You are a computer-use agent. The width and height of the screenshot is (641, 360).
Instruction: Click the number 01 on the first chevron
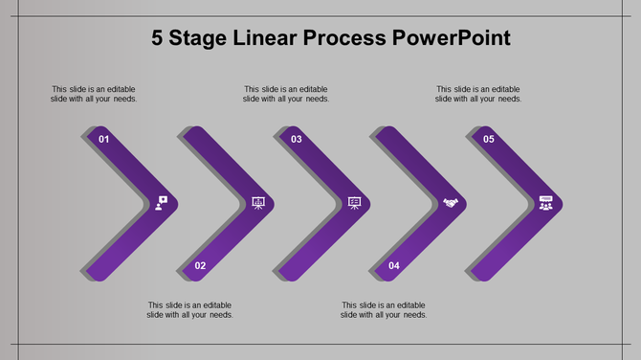point(103,140)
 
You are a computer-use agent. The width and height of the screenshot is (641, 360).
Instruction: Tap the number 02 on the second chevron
point(200,265)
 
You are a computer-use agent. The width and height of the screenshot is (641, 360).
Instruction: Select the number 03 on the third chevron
point(297,140)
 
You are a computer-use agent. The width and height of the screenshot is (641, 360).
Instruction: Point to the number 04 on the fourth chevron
point(393,265)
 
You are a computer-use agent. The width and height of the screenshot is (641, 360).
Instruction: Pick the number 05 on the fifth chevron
point(489,140)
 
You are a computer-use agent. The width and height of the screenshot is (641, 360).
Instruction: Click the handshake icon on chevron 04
point(450,203)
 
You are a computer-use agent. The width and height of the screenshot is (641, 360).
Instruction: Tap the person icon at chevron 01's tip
point(161,203)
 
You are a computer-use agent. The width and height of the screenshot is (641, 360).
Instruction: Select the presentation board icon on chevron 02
point(257,203)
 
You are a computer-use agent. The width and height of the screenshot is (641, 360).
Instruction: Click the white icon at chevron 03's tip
point(354,203)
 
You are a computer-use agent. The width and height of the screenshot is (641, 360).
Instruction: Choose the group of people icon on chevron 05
point(545,203)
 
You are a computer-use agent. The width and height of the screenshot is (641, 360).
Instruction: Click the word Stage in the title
point(209,39)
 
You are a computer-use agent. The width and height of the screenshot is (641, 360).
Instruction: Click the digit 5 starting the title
point(158,39)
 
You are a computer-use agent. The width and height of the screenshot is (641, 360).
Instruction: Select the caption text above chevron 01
point(94,94)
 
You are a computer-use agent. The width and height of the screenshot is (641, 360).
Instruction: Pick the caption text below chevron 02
point(190,310)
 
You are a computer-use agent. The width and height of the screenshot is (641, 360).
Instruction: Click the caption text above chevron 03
point(286,94)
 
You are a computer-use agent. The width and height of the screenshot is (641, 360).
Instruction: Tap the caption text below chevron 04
point(384,310)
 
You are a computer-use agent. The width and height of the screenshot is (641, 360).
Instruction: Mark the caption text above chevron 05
point(478,94)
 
